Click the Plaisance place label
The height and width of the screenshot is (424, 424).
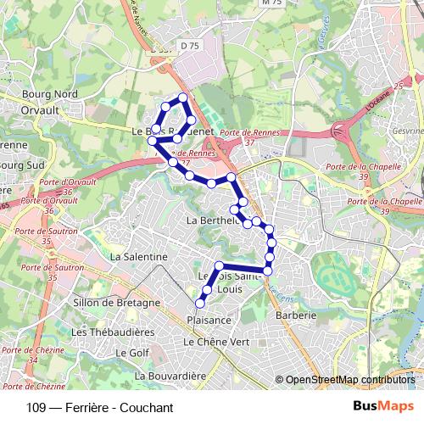208,320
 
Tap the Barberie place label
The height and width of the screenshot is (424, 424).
296,315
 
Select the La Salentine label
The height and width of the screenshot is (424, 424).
139,255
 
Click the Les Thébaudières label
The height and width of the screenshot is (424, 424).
113,332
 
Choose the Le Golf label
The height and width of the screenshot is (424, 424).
132,352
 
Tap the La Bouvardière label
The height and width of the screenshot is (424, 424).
170,374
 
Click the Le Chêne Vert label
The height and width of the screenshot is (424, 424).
216,341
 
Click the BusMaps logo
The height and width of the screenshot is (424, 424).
383,407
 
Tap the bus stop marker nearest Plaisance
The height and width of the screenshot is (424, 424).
201,304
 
